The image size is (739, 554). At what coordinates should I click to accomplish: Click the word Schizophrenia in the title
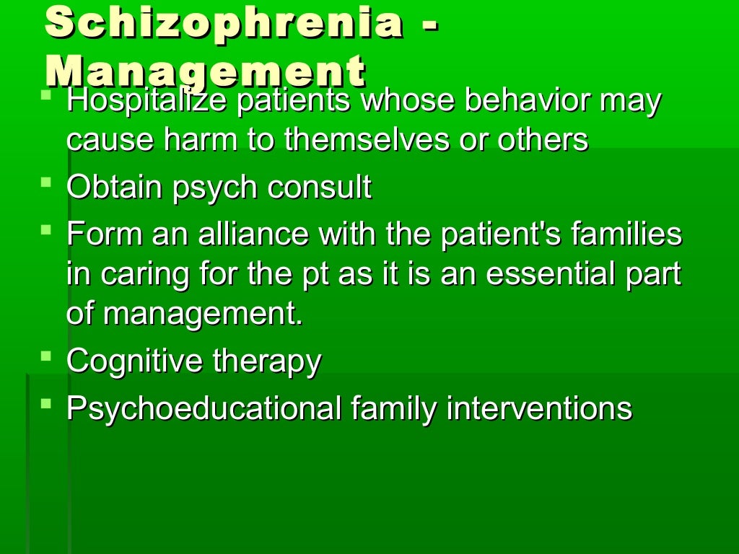224,22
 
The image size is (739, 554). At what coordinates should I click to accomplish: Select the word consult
320,188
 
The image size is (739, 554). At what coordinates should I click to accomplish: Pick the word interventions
539,409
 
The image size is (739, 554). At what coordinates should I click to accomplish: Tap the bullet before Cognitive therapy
47,356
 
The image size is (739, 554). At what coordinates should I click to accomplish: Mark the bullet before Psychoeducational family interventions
47,404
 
